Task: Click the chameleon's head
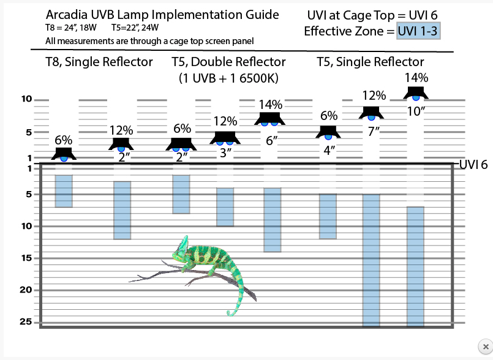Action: (183, 251)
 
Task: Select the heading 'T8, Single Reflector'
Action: (99, 62)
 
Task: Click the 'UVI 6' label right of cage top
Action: (473, 165)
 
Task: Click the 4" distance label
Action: (329, 150)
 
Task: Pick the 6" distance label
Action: (271, 140)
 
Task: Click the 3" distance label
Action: (225, 153)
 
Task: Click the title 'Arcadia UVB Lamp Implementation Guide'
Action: (162, 15)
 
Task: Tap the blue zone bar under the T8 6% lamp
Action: (64, 191)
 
